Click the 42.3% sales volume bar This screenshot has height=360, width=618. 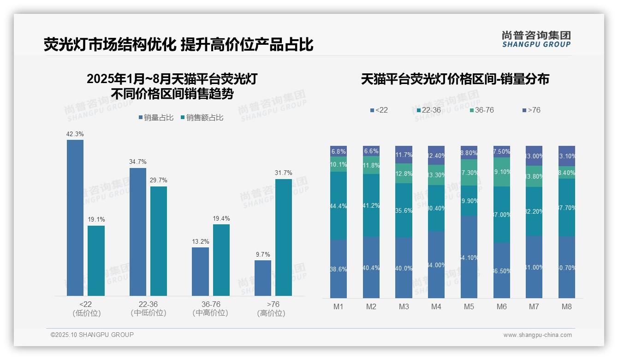[x=75, y=217]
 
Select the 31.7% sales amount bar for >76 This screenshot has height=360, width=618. [x=284, y=237]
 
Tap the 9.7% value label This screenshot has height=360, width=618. [x=263, y=254]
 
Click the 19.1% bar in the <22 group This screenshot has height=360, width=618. [x=96, y=260]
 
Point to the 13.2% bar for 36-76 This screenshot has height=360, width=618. [x=200, y=271]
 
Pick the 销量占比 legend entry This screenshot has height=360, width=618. [x=156, y=118]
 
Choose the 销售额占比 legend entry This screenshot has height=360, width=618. [x=202, y=118]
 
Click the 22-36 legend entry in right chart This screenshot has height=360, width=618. [x=428, y=110]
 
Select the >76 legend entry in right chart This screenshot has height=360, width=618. [x=531, y=110]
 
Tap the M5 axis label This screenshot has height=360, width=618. [x=469, y=306]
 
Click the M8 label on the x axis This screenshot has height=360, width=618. [x=567, y=306]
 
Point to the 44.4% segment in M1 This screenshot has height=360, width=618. [x=339, y=205]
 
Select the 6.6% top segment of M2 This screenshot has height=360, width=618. [x=371, y=151]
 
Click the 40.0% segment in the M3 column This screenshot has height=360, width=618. [x=404, y=268]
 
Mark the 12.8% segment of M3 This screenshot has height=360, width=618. [x=404, y=174]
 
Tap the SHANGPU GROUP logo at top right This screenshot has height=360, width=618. [x=536, y=39]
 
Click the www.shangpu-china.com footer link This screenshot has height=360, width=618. [x=537, y=335]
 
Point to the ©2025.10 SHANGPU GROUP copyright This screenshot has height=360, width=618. [x=92, y=335]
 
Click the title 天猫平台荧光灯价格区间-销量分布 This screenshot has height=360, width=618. [x=455, y=79]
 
